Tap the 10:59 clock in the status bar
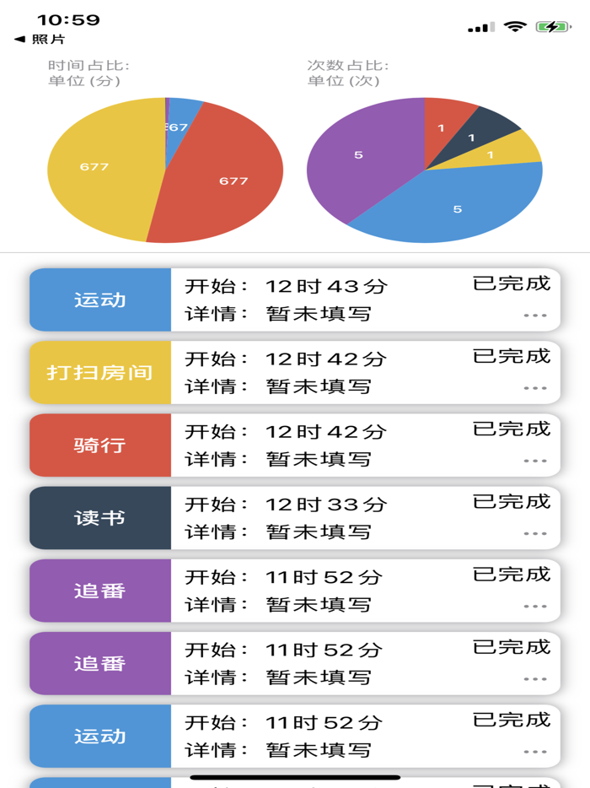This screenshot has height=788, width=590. (x=68, y=20)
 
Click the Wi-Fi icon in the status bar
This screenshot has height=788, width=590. (x=514, y=27)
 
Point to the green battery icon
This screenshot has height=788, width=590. (x=552, y=27)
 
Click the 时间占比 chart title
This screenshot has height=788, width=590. (x=88, y=66)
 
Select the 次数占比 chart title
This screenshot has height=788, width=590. (x=347, y=66)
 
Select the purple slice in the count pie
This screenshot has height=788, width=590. (x=362, y=156)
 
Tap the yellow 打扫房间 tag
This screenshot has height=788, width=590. (x=100, y=372)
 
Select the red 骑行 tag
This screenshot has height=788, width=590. (x=100, y=445)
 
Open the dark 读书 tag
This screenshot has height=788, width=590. (x=100, y=517)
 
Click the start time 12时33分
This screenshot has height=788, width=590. (x=325, y=505)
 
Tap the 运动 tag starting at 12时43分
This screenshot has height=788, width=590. (x=100, y=300)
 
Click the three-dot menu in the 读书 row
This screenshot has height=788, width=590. (x=535, y=533)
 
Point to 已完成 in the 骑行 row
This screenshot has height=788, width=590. (x=511, y=429)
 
